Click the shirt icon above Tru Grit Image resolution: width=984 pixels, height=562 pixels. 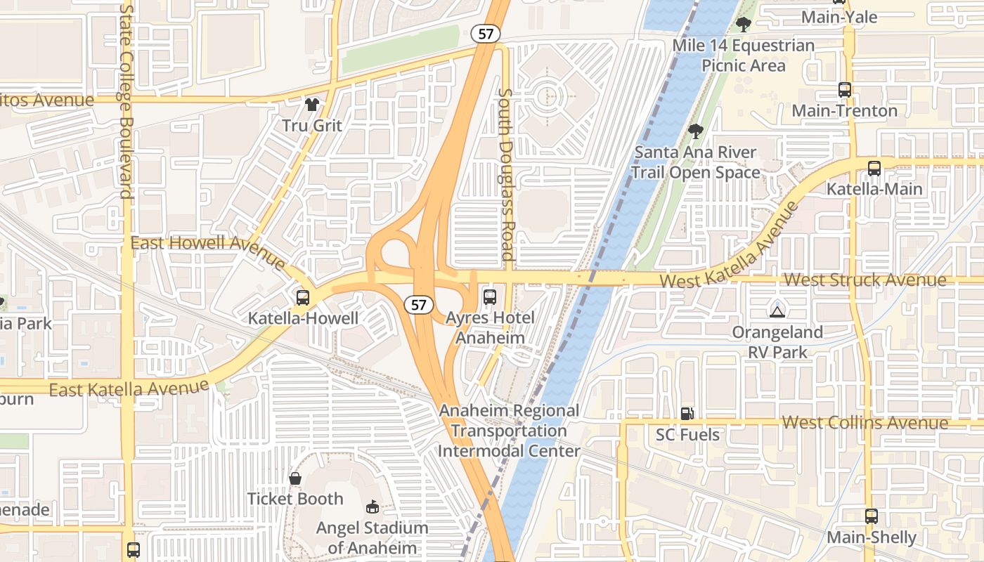click(312, 105)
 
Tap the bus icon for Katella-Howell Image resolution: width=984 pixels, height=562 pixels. click(302, 297)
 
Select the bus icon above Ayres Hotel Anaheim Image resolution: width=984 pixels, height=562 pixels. click(490, 296)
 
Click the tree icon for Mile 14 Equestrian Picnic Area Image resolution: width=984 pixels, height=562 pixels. click(743, 25)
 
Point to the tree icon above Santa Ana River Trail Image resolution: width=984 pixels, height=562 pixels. click(695, 131)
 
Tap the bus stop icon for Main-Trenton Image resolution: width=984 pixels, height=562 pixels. click(845, 90)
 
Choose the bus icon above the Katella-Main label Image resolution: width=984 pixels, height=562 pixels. click(874, 169)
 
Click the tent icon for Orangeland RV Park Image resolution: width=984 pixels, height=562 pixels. click(777, 311)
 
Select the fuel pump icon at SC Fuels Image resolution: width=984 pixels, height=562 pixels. click(687, 414)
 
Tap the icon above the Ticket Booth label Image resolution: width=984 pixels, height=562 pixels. click(295, 478)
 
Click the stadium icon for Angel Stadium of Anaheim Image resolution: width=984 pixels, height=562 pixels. click(373, 507)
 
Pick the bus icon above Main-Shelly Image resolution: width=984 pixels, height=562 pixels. click(872, 516)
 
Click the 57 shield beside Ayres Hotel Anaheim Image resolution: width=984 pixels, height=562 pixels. click(419, 305)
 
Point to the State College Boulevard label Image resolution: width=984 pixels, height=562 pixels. click(127, 102)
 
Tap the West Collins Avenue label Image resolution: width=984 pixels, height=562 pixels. click(865, 423)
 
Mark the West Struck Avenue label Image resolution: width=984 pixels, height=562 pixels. click(865, 280)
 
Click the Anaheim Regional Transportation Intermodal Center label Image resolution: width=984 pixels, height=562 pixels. click(510, 431)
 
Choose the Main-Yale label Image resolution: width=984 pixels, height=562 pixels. click(839, 17)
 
